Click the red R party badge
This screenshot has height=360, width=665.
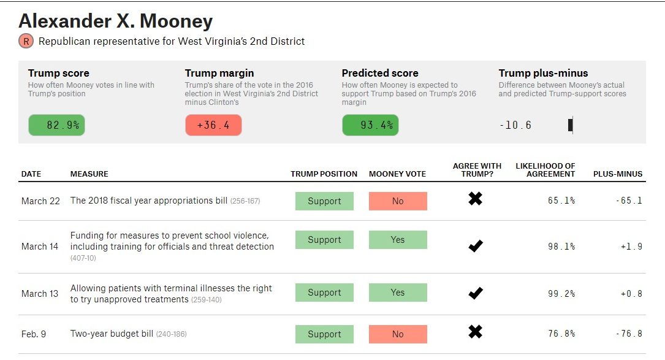(x=26, y=41)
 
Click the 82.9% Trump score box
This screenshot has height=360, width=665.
(x=56, y=125)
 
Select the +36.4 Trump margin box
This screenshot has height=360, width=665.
(x=213, y=125)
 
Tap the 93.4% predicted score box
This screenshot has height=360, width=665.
(x=370, y=125)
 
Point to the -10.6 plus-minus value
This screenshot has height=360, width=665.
(x=515, y=125)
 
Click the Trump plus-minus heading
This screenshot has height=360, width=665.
(x=543, y=73)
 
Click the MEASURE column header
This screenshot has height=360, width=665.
(x=89, y=174)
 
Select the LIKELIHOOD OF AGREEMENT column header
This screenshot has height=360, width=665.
(x=545, y=170)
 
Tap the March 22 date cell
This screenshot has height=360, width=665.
(x=40, y=201)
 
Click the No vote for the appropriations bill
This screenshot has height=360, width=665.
(x=398, y=201)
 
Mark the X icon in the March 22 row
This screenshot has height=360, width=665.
(x=475, y=199)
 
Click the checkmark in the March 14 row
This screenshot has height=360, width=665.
(x=475, y=246)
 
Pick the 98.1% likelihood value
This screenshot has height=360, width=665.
(x=561, y=247)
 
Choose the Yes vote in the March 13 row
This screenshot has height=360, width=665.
(x=398, y=293)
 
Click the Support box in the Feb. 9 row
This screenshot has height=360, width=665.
(x=324, y=334)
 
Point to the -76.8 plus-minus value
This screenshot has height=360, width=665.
(x=629, y=334)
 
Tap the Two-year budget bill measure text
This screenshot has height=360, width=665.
(x=112, y=334)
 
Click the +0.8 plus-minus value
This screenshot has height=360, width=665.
(x=631, y=294)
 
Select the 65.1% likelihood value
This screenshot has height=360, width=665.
(x=561, y=201)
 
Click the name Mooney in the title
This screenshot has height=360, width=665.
(x=177, y=21)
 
